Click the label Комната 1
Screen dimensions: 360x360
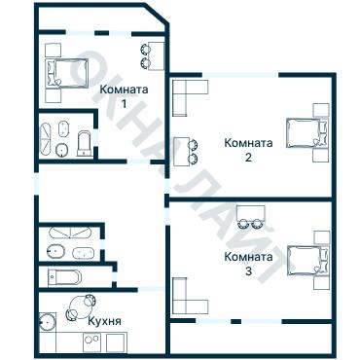124,96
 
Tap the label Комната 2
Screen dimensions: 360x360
248,150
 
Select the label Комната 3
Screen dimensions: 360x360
248,264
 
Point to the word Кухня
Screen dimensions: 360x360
105,321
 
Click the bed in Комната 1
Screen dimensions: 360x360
67,73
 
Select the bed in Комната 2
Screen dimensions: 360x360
307,133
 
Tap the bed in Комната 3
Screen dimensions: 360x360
308,261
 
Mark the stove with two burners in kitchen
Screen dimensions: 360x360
91,342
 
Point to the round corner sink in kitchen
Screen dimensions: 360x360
48,322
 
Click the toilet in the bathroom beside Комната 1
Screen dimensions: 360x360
85,143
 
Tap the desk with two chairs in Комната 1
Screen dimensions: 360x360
152,55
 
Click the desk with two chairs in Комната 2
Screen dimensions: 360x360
185,152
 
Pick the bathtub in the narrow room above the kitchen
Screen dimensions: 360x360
64,277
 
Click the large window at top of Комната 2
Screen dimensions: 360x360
240,75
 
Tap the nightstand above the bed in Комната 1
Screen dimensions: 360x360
53,51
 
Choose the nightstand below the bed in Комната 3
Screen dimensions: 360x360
322,282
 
